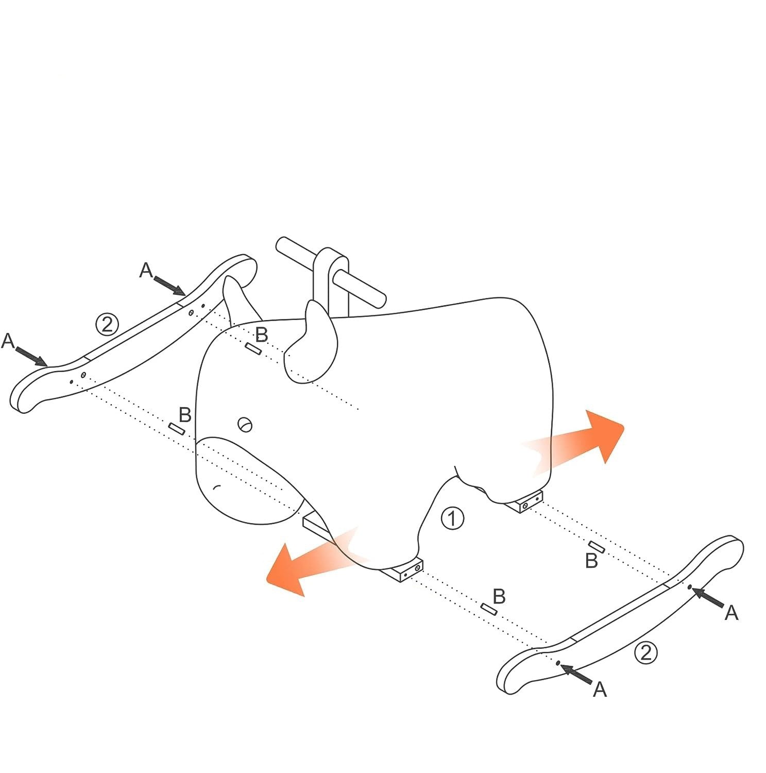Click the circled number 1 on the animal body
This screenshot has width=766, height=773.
pos(452,518)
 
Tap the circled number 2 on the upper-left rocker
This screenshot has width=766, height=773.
pos(107,325)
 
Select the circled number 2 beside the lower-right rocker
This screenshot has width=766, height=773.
pos(645,653)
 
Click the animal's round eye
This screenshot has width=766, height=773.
pos(245,425)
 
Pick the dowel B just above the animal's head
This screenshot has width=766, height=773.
pos(253,349)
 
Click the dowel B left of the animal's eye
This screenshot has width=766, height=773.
pos(177,428)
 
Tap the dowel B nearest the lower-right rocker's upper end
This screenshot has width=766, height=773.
pos(597,547)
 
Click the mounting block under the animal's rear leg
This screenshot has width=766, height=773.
pos(524,502)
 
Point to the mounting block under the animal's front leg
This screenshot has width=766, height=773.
pos(401,569)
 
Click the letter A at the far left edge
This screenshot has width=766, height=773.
pos(8,341)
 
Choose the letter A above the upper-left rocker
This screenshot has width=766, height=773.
pos(146,270)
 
